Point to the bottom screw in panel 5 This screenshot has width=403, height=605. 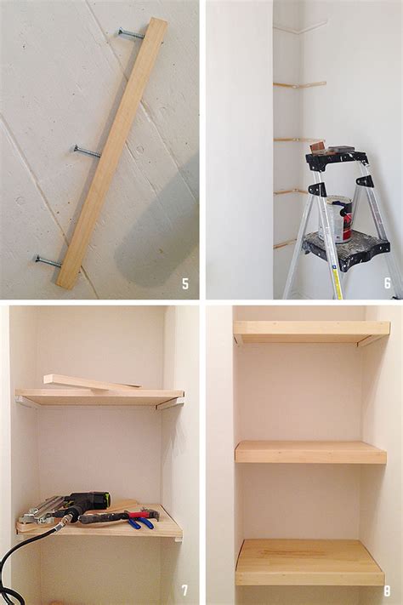(48, 260)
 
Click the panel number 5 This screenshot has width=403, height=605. (184, 283)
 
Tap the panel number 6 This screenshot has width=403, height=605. (387, 283)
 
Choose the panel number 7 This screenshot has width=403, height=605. (184, 589)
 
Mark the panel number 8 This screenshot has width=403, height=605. (387, 589)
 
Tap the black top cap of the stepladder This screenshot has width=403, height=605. (337, 159)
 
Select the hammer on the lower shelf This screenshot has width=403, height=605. (119, 516)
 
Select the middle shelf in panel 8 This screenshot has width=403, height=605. (310, 452)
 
